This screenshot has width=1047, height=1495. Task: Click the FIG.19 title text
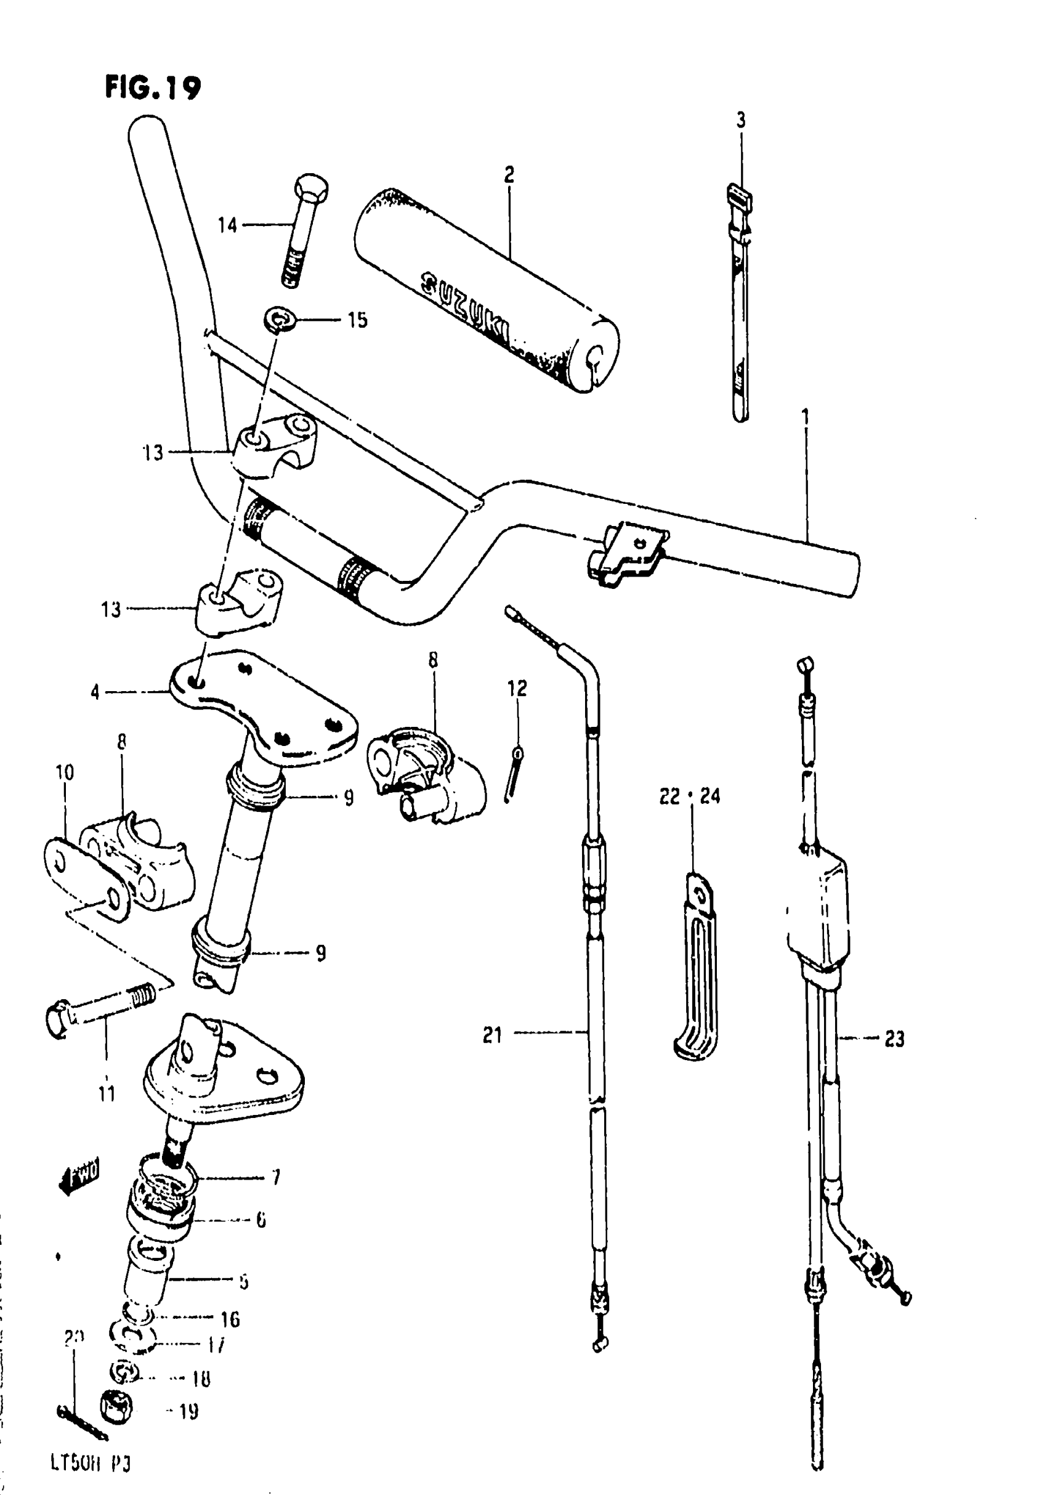pos(152,88)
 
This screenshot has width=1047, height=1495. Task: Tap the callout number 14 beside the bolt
pos(227,225)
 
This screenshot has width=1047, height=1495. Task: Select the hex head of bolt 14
pos(311,187)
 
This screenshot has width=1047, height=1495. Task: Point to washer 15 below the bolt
pos(280,320)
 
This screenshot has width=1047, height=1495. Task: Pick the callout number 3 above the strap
pos(741,121)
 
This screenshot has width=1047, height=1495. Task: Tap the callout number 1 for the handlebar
pos(806,416)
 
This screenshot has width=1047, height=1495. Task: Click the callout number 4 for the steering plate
pos(95,692)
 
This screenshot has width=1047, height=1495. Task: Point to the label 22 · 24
pos(690,796)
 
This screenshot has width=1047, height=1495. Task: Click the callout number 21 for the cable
pos(492,1035)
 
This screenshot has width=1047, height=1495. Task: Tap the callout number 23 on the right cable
pos(894,1039)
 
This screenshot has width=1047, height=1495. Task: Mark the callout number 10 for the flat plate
pos(65,772)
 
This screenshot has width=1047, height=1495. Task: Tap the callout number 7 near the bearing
pos(275,1177)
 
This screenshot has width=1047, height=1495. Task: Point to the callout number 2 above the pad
pos(509,174)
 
